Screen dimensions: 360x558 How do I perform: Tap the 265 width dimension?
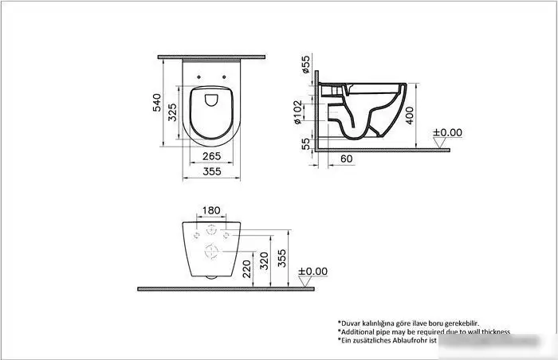coord(210,156)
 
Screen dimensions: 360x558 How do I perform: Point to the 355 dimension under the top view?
coord(210,171)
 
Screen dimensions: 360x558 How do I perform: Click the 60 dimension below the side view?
coord(347,159)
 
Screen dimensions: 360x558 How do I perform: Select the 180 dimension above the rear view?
coord(211,211)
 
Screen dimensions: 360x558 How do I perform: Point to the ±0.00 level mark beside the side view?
coord(447,133)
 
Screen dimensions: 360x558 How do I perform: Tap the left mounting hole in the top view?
coord(198,77)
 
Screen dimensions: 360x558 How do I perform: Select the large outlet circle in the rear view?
coord(211,252)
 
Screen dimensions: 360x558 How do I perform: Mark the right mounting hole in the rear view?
coord(226,236)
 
